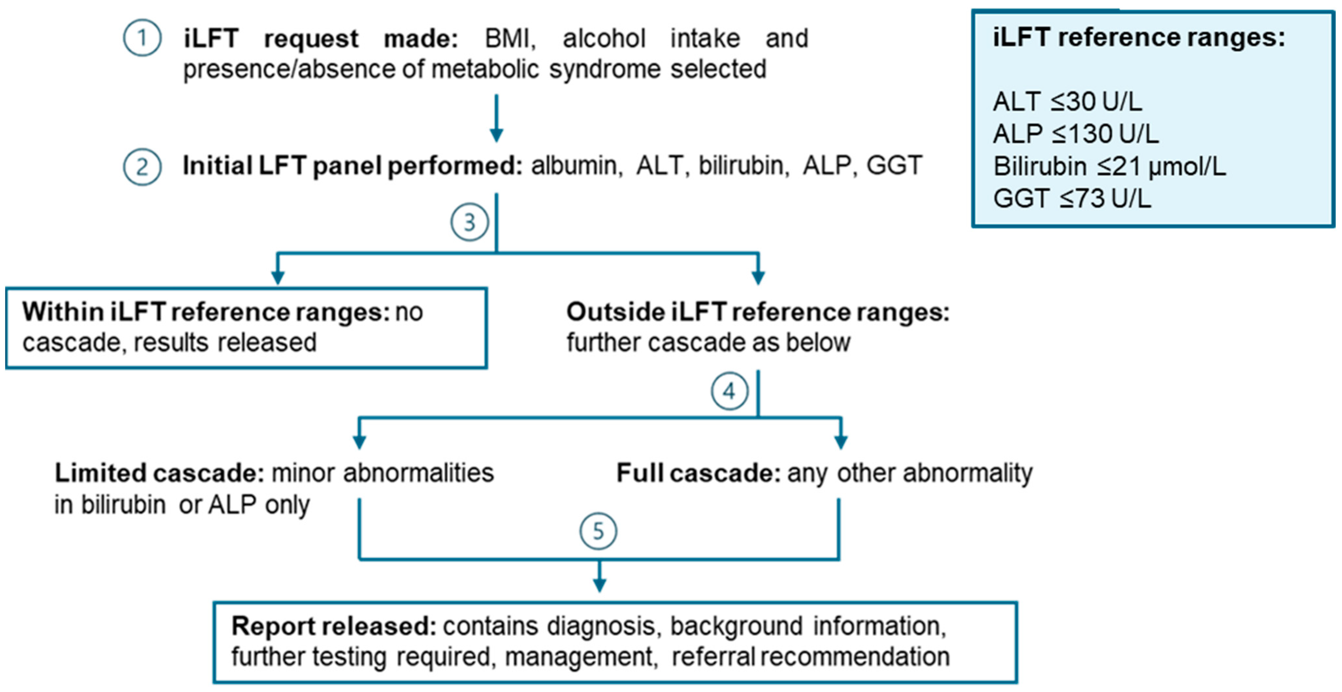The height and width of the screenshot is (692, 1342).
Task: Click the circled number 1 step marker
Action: click(x=142, y=38)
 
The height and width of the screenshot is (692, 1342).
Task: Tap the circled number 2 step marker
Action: click(x=142, y=167)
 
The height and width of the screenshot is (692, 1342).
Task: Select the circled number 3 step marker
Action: click(x=469, y=223)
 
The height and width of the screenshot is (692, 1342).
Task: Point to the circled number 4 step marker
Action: click(x=729, y=391)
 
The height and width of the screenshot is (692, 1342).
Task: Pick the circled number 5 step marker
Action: click(x=598, y=532)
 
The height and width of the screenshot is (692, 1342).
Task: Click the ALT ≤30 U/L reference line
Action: click(x=1067, y=102)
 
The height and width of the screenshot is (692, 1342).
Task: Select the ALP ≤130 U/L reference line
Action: click(x=1075, y=134)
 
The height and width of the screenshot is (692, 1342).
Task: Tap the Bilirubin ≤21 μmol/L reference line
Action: click(x=1109, y=167)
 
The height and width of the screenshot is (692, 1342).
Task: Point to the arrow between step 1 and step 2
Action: click(x=496, y=118)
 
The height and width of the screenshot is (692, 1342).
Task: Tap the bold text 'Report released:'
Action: click(x=334, y=626)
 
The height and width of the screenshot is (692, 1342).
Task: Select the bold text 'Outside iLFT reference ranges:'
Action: click(x=758, y=312)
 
